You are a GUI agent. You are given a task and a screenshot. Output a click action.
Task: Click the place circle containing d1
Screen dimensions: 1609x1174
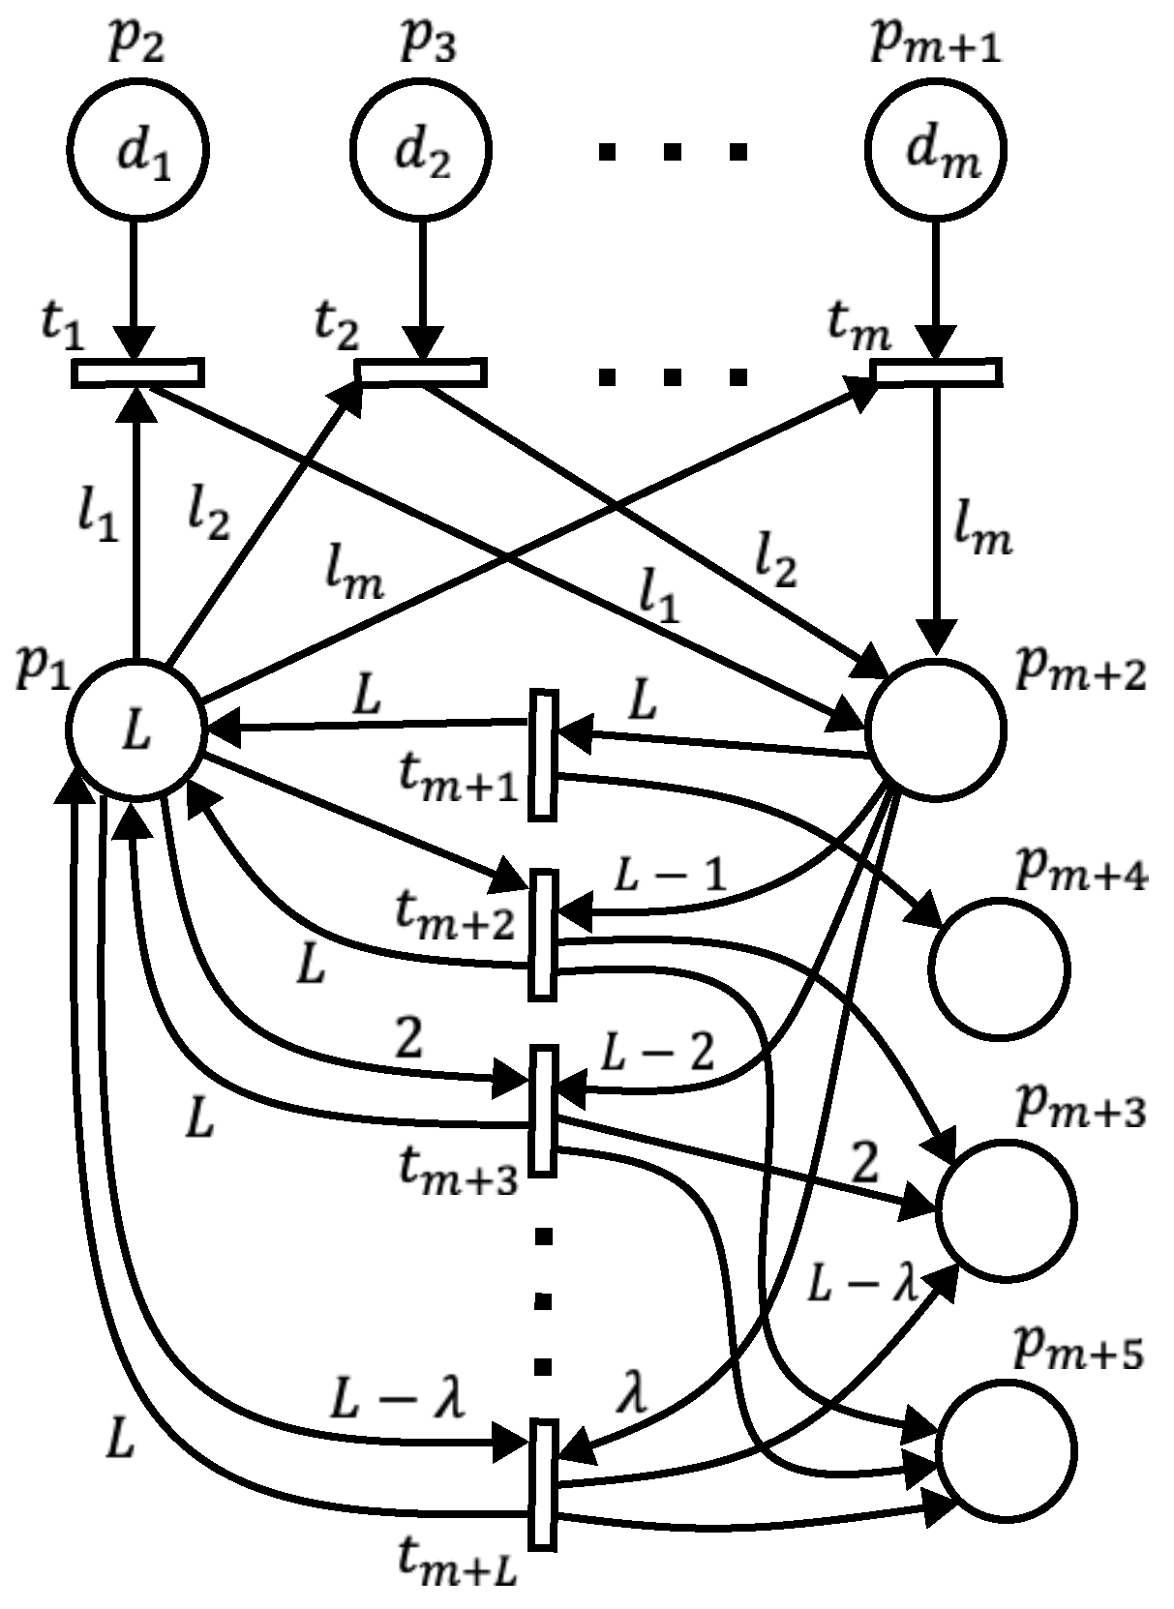[x=136, y=151]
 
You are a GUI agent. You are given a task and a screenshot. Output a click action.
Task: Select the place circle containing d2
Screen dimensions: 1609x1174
[x=421, y=151]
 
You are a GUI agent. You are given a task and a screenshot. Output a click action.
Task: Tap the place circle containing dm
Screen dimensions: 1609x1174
[x=936, y=151]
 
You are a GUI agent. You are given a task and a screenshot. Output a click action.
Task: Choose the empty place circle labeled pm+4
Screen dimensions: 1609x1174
[x=999, y=968]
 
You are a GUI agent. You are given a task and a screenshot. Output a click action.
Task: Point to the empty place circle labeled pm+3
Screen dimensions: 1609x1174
[x=1006, y=1208]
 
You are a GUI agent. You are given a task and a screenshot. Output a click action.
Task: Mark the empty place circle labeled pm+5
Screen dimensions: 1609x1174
[x=1006, y=1448]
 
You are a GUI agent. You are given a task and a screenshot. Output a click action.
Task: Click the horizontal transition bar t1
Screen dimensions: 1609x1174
[x=137, y=372]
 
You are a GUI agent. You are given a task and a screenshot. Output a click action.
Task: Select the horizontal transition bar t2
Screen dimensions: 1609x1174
[x=421, y=372]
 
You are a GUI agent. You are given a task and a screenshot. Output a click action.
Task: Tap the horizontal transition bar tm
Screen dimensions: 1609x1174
[x=936, y=372]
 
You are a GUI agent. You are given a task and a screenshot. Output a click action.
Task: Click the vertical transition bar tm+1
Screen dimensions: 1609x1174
[x=544, y=756]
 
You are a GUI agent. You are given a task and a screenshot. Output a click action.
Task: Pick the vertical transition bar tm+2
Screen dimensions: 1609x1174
[x=544, y=935]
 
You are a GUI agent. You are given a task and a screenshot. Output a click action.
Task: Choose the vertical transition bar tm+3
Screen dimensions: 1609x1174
[x=544, y=1111]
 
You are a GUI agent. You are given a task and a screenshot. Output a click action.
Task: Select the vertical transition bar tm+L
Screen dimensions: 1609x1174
[x=544, y=1485]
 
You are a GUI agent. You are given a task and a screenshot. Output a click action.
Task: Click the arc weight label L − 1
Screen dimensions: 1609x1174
[x=670, y=877]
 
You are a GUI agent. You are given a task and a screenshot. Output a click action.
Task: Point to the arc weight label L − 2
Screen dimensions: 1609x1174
[x=658, y=1053]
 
